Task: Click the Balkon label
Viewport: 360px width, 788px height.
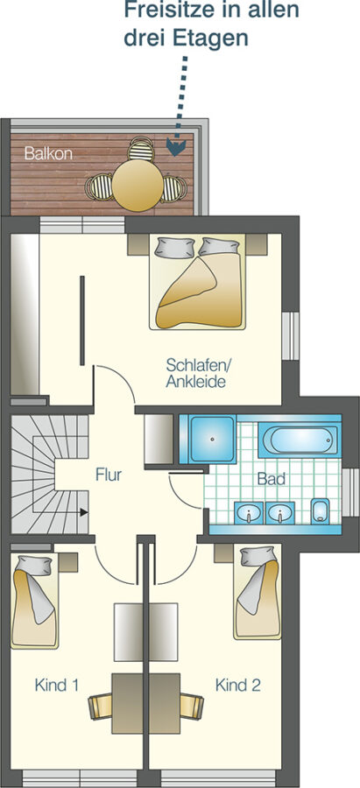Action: (48, 153)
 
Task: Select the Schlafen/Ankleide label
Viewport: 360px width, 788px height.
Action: (196, 372)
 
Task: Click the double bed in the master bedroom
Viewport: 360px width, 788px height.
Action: (198, 282)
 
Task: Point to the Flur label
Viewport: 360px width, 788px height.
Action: (109, 475)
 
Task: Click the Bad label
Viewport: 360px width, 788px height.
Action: (272, 478)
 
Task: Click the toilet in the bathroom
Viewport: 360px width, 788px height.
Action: (320, 511)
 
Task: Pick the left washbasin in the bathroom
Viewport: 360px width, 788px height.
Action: (249, 513)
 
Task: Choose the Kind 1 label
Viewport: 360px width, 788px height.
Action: (56, 685)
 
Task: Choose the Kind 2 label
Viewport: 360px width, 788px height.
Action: (238, 685)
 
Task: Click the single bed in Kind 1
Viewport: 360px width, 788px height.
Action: (34, 601)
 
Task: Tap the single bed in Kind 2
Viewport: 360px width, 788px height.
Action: (258, 593)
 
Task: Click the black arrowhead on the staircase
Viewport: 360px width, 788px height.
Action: (83, 512)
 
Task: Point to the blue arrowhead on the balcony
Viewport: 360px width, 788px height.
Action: (176, 148)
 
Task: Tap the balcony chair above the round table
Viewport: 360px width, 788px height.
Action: (141, 149)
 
